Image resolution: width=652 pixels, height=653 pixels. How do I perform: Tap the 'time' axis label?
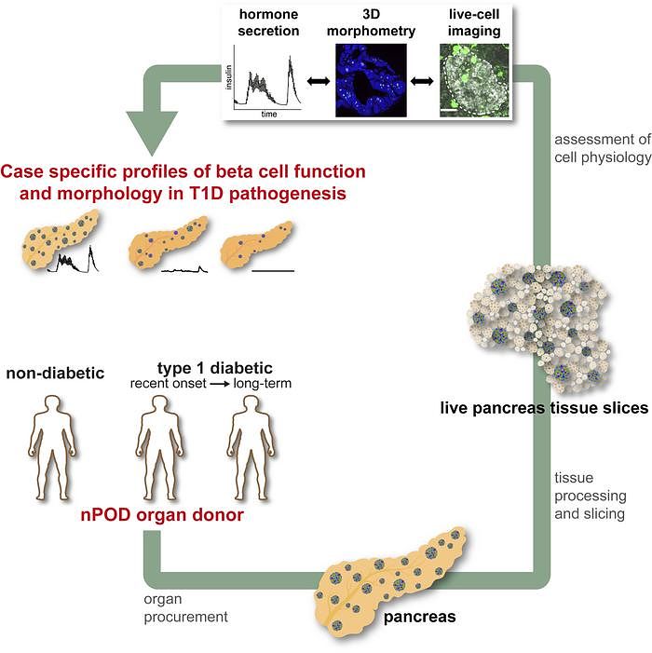click(269, 112)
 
